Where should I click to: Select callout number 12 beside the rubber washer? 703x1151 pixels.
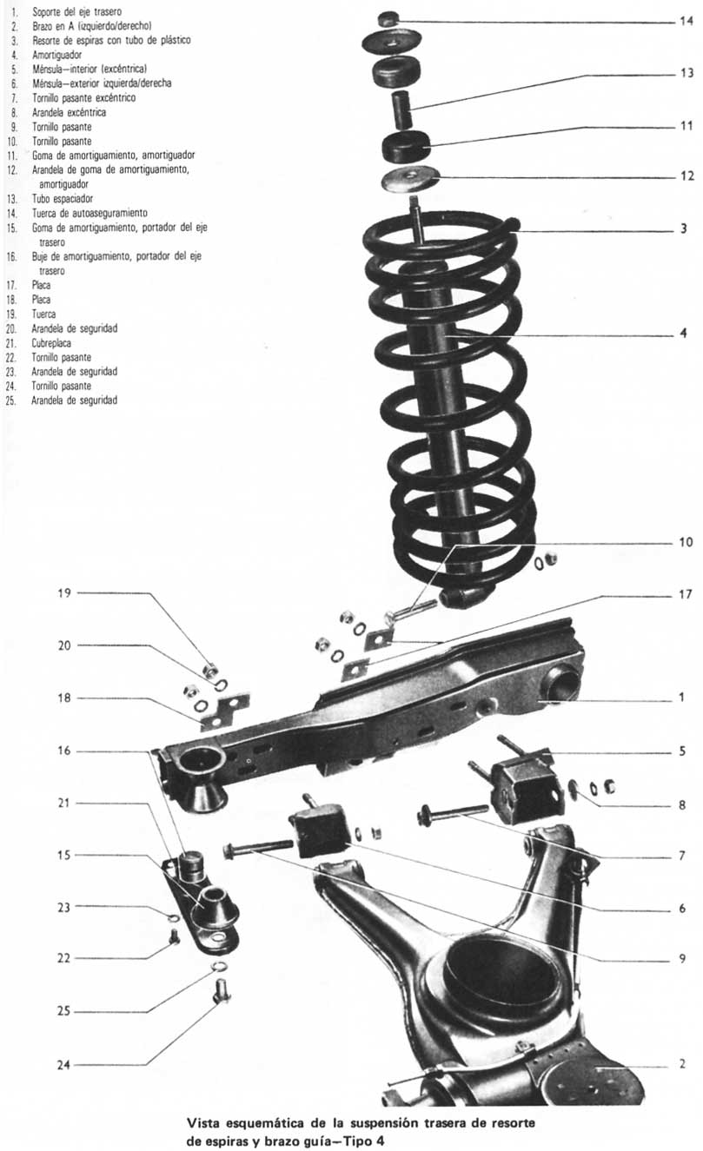686,175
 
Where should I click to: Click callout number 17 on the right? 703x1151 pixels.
686,595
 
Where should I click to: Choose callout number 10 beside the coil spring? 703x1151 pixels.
686,542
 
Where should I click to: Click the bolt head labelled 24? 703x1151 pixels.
221,990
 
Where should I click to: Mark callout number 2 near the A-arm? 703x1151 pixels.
683,1063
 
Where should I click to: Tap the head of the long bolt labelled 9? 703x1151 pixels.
231,851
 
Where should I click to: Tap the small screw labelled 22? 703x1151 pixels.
174,938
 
